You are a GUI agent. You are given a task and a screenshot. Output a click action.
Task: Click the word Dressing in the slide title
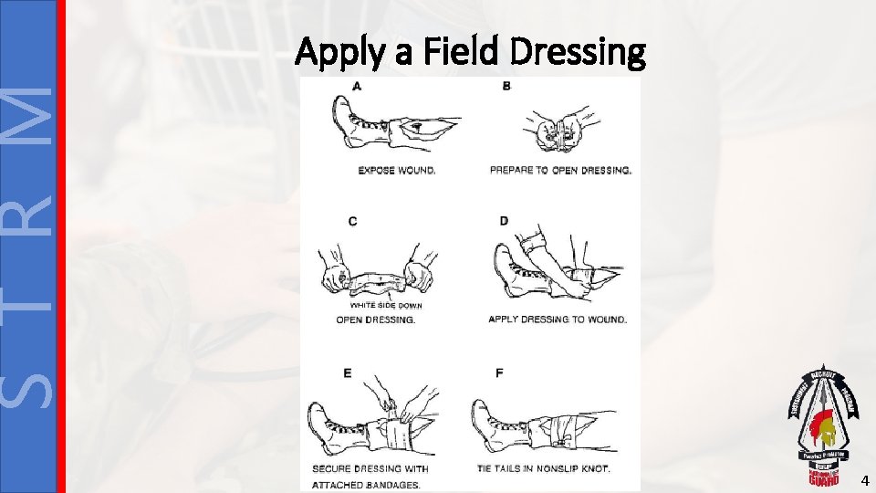click(578, 53)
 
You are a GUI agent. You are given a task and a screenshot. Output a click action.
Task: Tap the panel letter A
click(356, 86)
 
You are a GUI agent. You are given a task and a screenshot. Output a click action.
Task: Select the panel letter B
click(506, 86)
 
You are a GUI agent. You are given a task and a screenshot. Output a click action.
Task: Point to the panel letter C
click(353, 221)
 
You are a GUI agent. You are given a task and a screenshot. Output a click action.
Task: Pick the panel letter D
click(504, 221)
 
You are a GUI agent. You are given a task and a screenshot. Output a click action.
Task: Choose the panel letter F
click(499, 373)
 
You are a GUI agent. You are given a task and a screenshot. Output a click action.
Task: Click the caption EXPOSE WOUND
click(396, 170)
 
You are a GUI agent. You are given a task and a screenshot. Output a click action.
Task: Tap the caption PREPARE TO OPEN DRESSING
click(560, 170)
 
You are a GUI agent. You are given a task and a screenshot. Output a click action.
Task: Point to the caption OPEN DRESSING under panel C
click(375, 320)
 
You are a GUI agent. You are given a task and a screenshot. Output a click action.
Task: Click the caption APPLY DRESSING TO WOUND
click(558, 320)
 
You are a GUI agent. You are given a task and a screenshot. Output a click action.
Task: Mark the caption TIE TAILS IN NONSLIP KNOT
click(542, 469)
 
